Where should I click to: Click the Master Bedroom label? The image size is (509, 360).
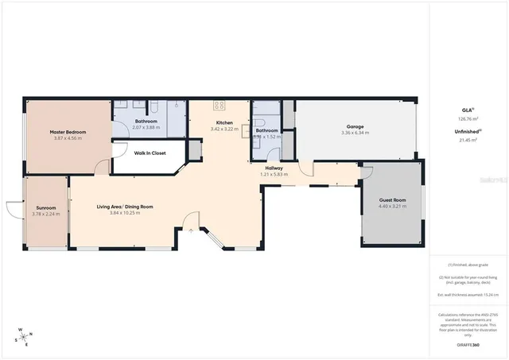point(68,132)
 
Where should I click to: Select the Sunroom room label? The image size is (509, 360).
point(46,207)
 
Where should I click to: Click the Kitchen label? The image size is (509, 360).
point(223,122)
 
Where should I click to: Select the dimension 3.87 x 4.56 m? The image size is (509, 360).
point(68,138)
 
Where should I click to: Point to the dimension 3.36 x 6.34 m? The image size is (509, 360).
point(355,133)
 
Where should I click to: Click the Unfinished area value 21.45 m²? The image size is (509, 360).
point(468,140)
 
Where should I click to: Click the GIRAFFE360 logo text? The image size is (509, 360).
point(468,346)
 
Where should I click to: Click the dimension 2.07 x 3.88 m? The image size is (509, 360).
point(147,127)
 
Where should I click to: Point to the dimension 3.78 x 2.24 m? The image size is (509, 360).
point(46,214)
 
